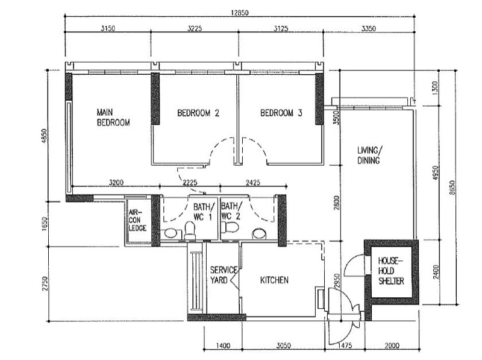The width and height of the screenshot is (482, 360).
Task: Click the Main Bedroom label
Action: pos(113,117)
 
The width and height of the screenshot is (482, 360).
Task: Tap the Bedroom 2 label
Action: pos(198,113)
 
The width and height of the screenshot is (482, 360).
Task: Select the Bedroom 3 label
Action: pos(281,113)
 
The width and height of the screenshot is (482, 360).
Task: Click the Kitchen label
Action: pos(274,280)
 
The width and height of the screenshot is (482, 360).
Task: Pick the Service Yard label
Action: pos(224,275)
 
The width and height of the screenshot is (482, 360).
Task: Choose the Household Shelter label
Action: pos(390,271)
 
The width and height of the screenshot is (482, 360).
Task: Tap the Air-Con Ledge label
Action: pos(137,220)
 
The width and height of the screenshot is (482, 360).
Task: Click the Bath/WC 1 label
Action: pos(204,212)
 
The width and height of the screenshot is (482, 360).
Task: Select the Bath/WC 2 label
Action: pos(231,211)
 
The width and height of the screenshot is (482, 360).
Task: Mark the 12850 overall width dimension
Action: pos(240,13)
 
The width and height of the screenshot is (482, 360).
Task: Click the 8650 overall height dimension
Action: pos(452,188)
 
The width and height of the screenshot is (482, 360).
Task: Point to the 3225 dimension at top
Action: pos(195,28)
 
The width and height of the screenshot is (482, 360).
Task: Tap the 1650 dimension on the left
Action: pos(45,224)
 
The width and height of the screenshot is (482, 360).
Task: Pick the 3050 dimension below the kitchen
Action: pos(283,346)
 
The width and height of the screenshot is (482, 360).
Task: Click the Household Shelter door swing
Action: pos(354,265)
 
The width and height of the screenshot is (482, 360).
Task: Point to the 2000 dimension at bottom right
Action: pos(392,346)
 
